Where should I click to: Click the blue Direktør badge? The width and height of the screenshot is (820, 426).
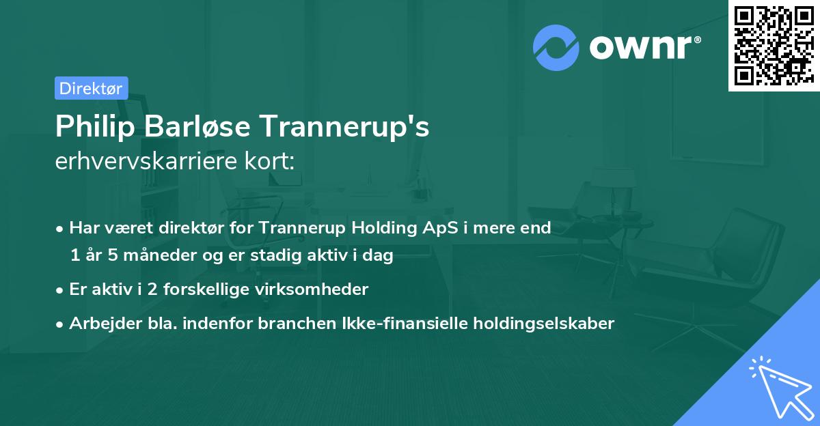coord(91,88)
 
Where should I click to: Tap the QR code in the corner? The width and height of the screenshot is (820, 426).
coord(772,45)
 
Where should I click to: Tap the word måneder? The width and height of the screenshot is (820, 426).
coord(152,255)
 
